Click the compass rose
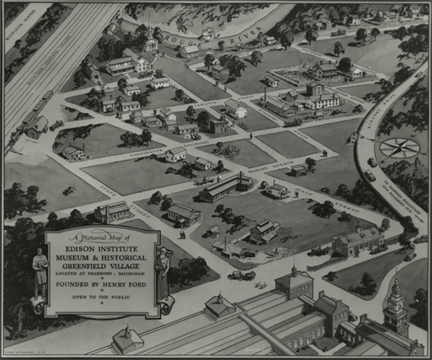[x=399, y=148]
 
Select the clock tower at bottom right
[x=395, y=305]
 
